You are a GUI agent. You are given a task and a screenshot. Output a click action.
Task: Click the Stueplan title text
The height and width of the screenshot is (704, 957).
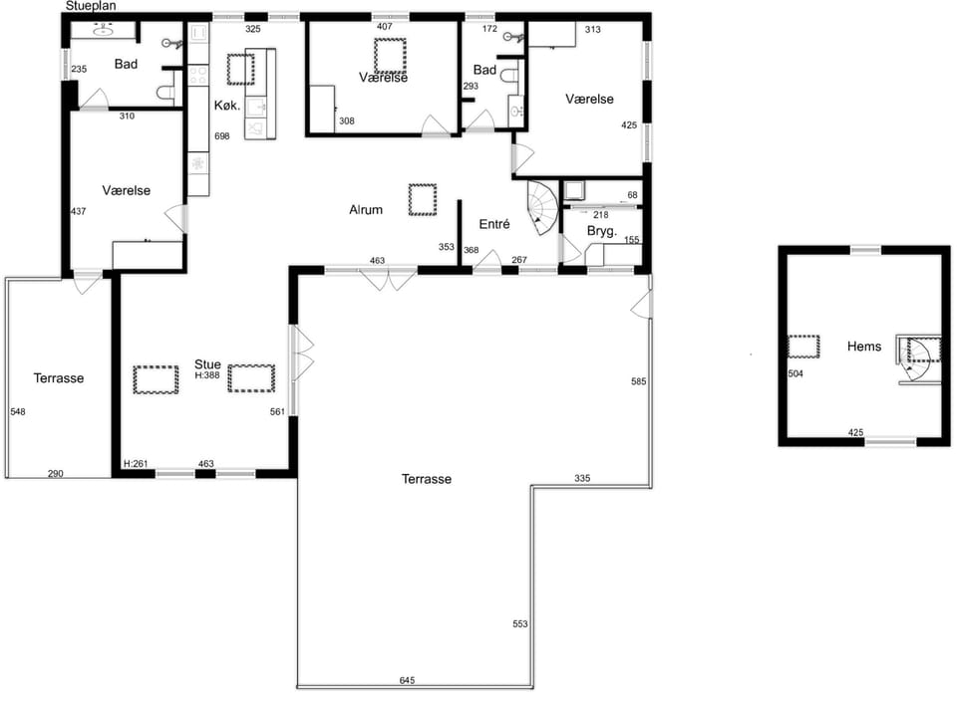tap(91, 6)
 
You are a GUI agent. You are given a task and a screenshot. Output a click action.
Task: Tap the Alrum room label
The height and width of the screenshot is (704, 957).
tap(366, 210)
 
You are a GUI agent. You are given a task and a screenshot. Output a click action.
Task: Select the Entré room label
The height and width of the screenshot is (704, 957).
tap(494, 224)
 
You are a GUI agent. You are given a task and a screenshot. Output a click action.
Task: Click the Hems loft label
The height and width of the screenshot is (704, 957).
tap(864, 347)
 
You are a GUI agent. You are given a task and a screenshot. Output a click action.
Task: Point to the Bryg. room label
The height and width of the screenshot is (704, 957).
tap(602, 231)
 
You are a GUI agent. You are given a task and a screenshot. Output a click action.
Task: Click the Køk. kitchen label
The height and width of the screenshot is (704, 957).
tap(227, 106)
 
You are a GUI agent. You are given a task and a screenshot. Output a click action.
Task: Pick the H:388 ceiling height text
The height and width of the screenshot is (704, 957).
tap(207, 375)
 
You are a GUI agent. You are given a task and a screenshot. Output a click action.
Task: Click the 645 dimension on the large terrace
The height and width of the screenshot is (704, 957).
tap(407, 680)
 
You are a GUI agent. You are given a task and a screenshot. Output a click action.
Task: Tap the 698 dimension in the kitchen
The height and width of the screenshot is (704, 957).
tap(222, 136)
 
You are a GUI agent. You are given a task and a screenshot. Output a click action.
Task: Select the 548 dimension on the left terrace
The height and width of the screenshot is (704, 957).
tap(18, 412)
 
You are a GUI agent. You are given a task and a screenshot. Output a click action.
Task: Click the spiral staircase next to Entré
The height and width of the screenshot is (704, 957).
tap(542, 207)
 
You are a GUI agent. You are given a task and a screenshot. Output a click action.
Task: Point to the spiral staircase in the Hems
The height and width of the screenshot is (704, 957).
tap(917, 358)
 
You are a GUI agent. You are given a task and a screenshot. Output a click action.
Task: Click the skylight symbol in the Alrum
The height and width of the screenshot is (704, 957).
tap(423, 199)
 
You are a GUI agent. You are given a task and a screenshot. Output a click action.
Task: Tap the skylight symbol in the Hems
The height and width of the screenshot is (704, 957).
tap(803, 347)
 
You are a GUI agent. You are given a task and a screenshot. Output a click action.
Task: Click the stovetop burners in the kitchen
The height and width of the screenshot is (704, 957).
tap(197, 76)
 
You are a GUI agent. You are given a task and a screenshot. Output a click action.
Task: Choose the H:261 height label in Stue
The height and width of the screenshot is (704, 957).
tap(136, 464)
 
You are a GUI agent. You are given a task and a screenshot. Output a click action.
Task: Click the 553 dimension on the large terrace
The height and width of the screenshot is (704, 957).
tap(520, 624)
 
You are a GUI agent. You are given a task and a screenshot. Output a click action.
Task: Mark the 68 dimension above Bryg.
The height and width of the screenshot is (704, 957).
tap(632, 195)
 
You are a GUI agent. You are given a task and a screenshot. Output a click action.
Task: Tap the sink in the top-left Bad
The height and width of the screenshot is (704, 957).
tap(103, 29)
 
